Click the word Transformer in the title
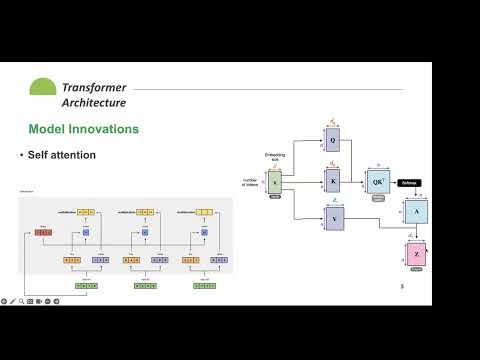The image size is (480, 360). (x=94, y=87)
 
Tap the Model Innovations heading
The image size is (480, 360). (x=83, y=130)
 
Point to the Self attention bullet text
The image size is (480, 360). (x=62, y=155)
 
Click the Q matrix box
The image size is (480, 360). (x=333, y=142)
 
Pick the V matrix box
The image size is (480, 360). (x=333, y=218)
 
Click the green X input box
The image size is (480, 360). (x=275, y=181)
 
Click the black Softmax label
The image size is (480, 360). (x=408, y=182)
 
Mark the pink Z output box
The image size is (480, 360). (x=416, y=254)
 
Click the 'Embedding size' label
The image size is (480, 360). (x=275, y=156)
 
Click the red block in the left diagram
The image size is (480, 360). (x=44, y=232)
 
